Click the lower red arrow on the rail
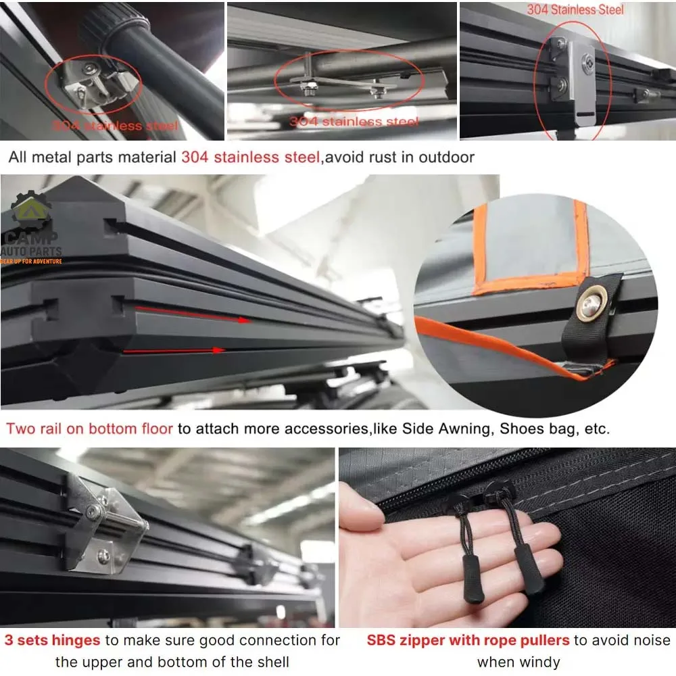click(176, 350)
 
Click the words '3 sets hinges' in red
click(52, 639)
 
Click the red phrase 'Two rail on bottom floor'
click(90, 429)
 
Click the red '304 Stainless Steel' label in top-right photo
click(575, 10)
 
